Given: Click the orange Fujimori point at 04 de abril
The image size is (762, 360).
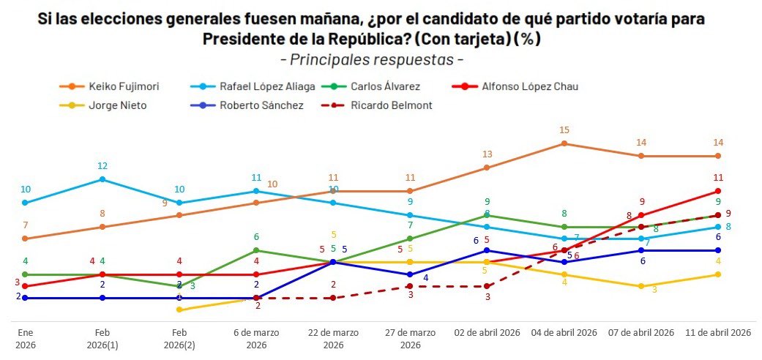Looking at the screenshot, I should point(564,143).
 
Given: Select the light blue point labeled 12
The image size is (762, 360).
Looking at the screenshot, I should point(102,179).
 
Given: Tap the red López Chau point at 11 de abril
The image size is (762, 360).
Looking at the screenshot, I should point(718,192).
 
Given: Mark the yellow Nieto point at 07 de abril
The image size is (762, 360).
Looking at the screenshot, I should point(641,286).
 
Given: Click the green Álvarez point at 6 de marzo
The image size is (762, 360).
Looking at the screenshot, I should point(256,250).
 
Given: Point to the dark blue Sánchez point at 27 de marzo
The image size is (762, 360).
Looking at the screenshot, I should point(410,274).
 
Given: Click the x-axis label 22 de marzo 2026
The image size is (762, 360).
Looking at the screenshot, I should point(333,339).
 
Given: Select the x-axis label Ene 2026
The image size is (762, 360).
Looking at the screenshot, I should point(26,339).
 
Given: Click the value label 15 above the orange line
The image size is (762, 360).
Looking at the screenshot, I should point(564,130).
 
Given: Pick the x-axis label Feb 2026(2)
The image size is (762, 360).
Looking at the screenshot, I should point(179,339).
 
